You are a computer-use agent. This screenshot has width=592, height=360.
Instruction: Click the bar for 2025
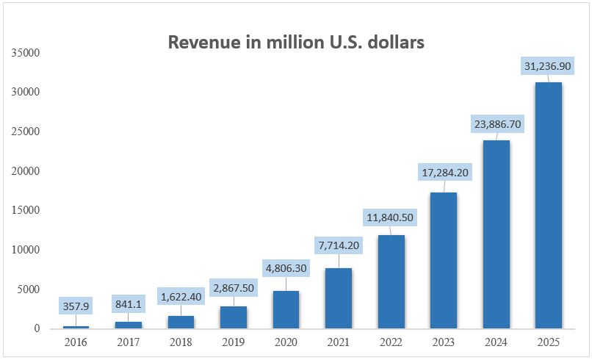[x=548, y=205]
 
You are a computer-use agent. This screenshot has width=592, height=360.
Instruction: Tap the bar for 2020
[x=286, y=309]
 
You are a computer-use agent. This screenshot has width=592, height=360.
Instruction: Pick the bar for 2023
[x=443, y=260]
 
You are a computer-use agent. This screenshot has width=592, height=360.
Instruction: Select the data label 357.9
[x=77, y=306]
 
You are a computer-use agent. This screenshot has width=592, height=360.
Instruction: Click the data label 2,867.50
[x=234, y=286]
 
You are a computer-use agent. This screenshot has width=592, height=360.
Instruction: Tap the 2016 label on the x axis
[x=76, y=342]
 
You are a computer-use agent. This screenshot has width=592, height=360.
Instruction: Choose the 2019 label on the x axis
[x=233, y=342]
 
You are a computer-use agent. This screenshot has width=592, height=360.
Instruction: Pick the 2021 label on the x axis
[x=338, y=342]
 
